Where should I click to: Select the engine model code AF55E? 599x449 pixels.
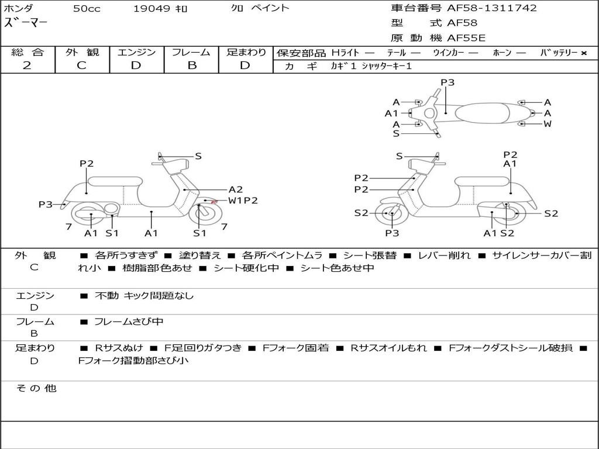(x=466, y=38)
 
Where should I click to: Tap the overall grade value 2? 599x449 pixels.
(x=27, y=65)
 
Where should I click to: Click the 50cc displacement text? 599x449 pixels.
(x=87, y=9)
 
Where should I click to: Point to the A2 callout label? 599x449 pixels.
(x=236, y=189)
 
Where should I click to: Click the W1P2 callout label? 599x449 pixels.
(x=243, y=201)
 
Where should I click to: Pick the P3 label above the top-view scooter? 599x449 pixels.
(x=447, y=82)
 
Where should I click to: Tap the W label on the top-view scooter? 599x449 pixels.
(x=548, y=124)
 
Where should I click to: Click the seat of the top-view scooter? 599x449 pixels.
(x=482, y=113)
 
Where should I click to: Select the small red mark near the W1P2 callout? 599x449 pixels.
(x=214, y=202)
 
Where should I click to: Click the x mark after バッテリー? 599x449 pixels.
(x=584, y=53)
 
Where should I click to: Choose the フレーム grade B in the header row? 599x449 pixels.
(x=192, y=65)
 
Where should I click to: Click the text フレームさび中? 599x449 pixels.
(x=129, y=322)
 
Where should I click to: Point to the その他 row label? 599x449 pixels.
(x=36, y=388)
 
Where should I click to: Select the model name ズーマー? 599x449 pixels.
(x=26, y=23)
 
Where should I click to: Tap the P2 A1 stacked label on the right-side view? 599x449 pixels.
(x=510, y=159)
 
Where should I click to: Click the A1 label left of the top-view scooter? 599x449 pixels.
(x=391, y=113)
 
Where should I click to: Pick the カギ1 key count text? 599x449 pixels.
(x=343, y=66)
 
